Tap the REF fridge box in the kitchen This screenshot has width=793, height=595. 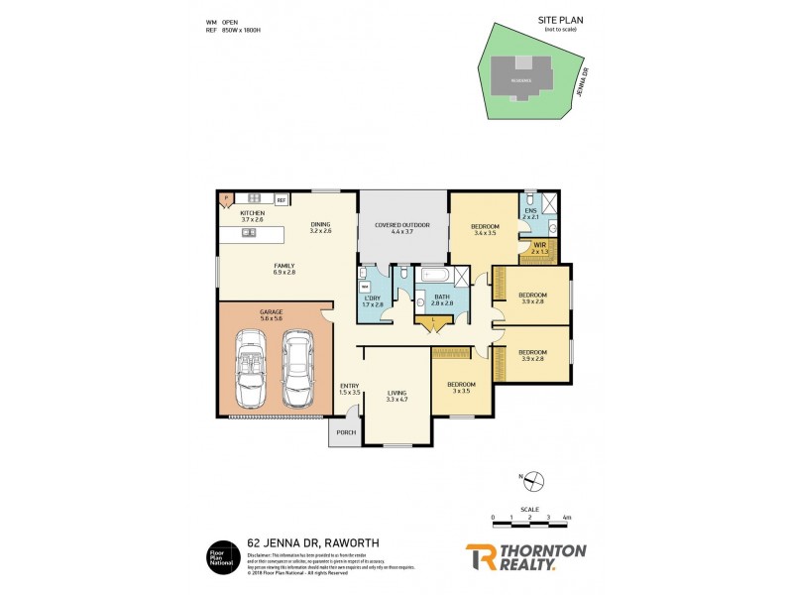(x=282, y=200)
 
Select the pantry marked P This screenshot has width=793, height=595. (x=225, y=197)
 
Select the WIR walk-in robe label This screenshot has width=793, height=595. (x=539, y=248)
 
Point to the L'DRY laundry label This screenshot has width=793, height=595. (x=373, y=301)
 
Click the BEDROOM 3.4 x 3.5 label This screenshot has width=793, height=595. (x=485, y=230)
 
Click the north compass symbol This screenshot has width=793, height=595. (x=533, y=482)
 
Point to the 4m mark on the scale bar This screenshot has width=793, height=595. (x=566, y=519)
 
